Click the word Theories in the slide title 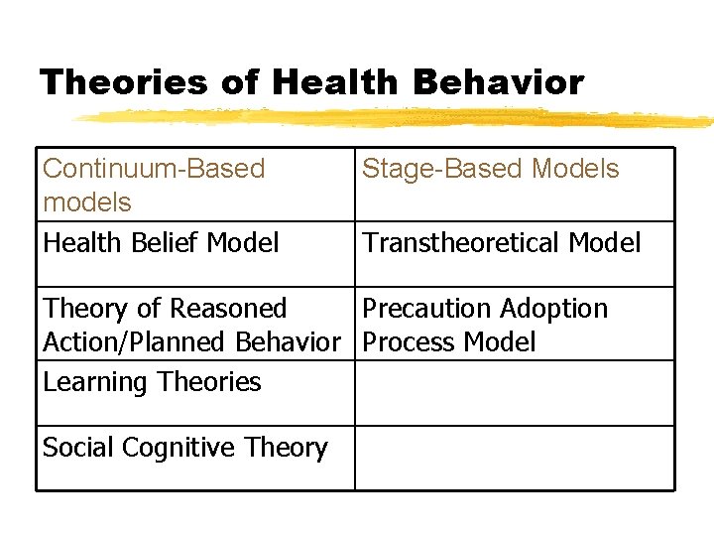124,82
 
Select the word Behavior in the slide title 503,82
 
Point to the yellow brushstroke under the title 397,118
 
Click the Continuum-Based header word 154,169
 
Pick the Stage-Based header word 443,169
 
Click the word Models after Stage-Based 575,169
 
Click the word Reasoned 228,309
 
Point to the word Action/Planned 136,342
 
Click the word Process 403,342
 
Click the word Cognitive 181,448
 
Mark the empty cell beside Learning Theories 514,392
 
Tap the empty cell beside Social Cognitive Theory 514,458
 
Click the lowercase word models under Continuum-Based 87,202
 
